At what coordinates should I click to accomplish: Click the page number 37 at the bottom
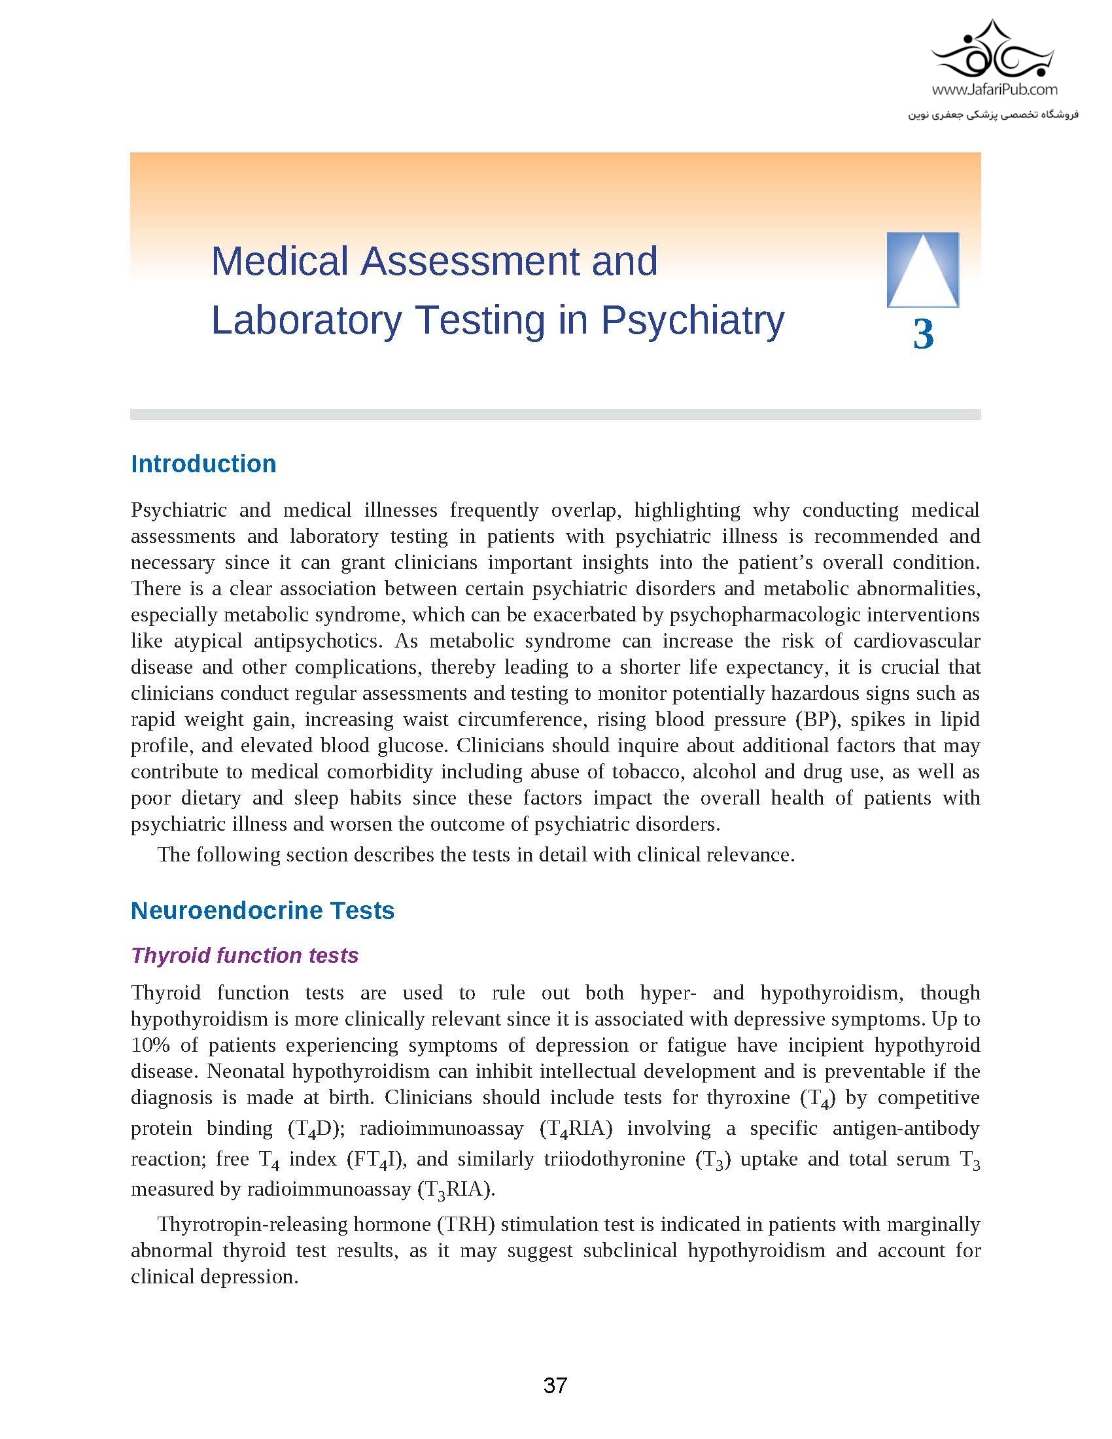(x=555, y=1385)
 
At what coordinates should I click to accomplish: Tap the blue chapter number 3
(x=923, y=335)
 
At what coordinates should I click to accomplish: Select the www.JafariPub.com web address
(x=995, y=89)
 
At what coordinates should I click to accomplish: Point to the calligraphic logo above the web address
(x=994, y=50)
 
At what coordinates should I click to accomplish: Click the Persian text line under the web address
(x=994, y=114)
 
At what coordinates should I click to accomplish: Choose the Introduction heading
(x=203, y=464)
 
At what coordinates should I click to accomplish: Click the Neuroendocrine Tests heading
(x=262, y=910)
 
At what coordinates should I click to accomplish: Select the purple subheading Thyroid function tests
(x=245, y=955)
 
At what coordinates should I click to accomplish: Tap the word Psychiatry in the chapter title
(x=691, y=321)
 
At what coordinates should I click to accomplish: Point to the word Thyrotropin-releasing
(x=252, y=1224)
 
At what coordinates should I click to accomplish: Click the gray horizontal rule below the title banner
(x=555, y=415)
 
